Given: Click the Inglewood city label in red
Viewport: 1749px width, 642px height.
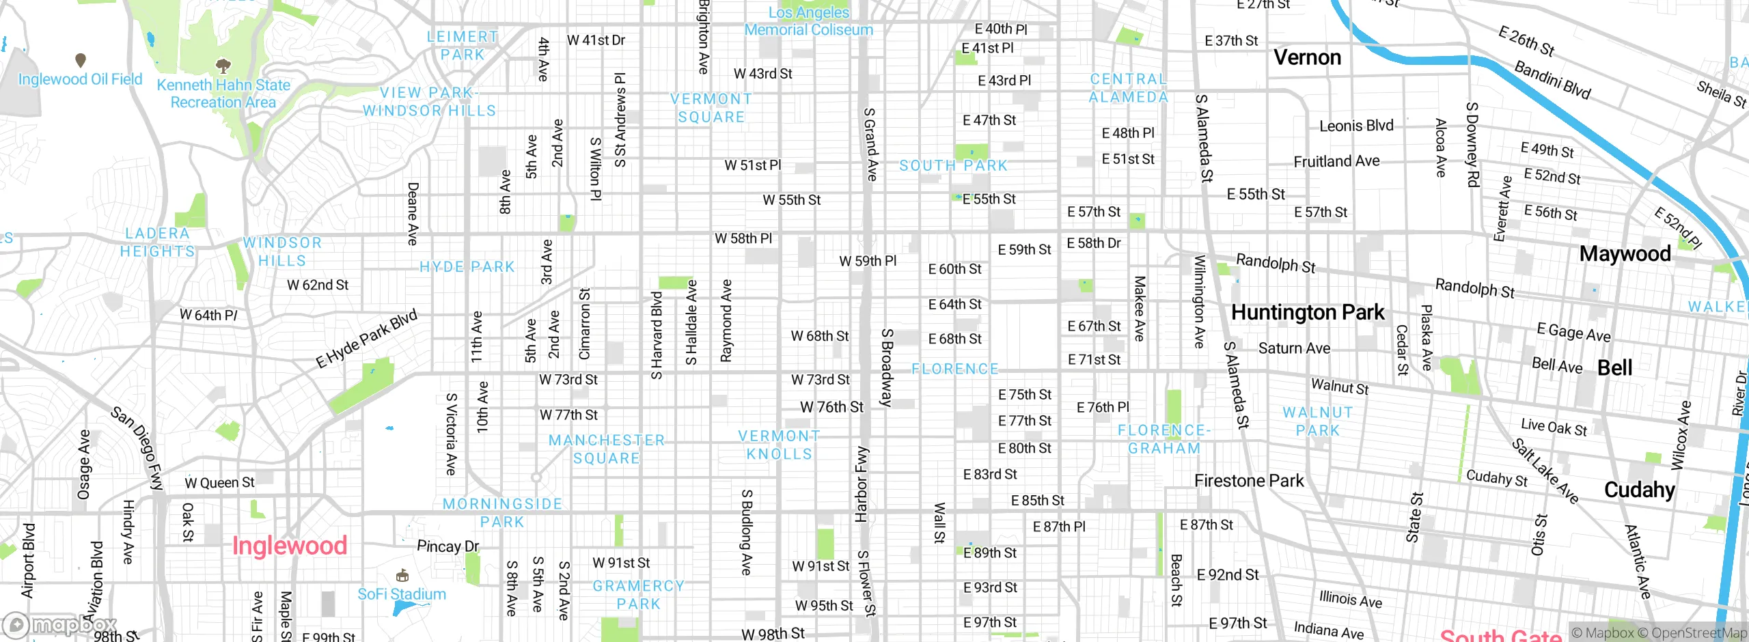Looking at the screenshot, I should click(290, 546).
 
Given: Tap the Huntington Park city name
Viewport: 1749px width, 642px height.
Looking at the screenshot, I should click(1307, 313).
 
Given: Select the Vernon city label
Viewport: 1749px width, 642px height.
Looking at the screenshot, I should click(1307, 57).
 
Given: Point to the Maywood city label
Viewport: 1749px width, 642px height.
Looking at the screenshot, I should click(1625, 254).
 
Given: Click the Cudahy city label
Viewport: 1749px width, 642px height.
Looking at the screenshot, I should click(1639, 490).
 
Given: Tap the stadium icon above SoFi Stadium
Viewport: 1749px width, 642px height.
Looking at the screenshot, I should click(402, 576).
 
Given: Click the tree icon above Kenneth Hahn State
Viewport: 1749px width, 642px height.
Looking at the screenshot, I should click(223, 66).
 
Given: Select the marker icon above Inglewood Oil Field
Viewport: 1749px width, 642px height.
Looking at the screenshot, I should click(81, 60).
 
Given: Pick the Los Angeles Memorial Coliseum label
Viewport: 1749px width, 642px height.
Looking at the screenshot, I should click(808, 21).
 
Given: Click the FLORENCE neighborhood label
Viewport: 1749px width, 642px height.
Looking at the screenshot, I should click(954, 369).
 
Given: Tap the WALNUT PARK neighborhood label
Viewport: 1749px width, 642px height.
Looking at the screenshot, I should click(1317, 421).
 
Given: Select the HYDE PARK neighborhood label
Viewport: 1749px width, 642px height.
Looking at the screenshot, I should click(467, 267).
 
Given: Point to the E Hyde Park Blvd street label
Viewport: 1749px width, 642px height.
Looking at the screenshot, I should click(366, 339).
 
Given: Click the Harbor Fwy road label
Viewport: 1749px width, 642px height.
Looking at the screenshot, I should click(862, 485).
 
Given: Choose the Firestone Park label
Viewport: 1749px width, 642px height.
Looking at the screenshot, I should click(1249, 481).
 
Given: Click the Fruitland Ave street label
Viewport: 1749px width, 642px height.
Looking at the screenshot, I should click(1336, 161).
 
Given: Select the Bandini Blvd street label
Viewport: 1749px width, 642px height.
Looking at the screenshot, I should click(1552, 80).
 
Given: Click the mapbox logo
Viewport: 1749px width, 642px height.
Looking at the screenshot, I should click(60, 625).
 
